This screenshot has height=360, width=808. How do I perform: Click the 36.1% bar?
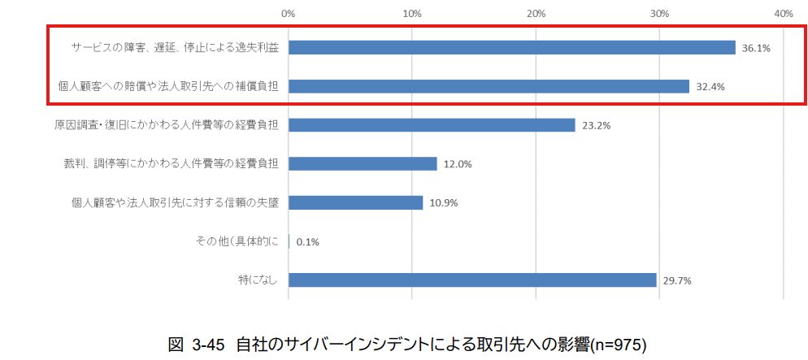(511, 47)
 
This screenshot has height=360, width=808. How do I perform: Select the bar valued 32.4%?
(489, 86)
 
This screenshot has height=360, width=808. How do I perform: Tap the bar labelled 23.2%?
(432, 125)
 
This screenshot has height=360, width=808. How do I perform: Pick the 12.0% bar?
(363, 163)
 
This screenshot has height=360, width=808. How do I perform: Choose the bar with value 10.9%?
(355, 202)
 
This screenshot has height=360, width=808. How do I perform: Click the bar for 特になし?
(472, 280)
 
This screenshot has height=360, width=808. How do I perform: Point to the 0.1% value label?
(309, 242)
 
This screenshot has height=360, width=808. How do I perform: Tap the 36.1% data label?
(756, 48)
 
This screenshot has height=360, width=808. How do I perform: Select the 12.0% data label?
(458, 164)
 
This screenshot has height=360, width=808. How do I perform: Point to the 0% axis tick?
(288, 14)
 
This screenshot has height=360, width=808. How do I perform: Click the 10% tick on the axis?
(412, 14)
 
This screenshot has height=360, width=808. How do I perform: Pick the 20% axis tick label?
(536, 14)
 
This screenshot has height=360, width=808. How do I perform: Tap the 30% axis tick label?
(660, 14)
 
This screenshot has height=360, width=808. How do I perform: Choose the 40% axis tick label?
(784, 14)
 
